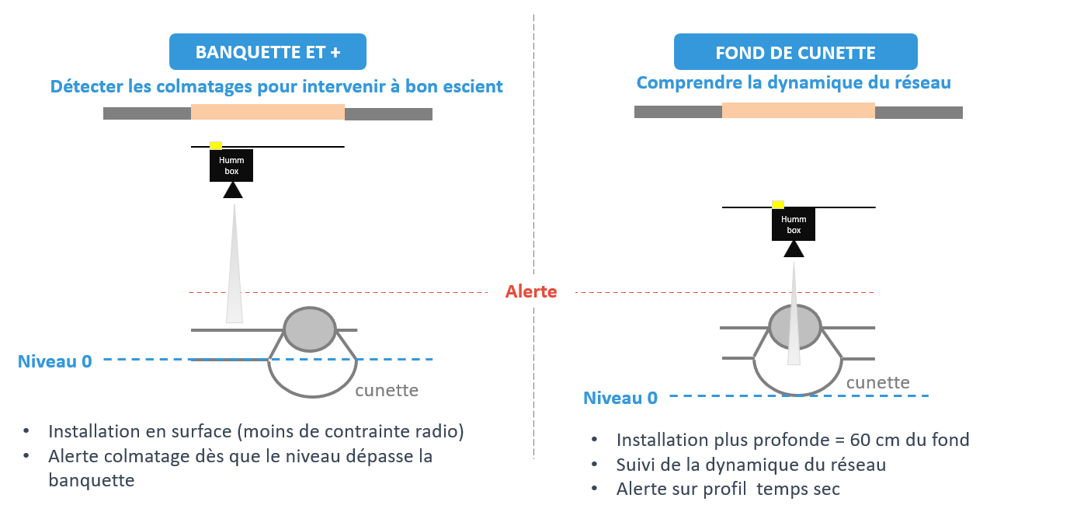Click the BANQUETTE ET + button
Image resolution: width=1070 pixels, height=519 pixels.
(x=267, y=53)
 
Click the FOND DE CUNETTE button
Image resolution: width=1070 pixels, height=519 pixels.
(x=795, y=53)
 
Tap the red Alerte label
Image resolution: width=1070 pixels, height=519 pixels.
(x=531, y=292)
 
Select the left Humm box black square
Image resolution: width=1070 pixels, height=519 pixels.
(x=231, y=165)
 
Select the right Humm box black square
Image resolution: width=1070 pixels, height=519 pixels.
(x=794, y=225)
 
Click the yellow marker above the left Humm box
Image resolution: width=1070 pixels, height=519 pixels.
(x=217, y=145)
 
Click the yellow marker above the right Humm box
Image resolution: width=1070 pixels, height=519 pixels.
(x=778, y=204)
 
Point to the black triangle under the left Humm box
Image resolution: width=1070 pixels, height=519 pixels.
(x=233, y=190)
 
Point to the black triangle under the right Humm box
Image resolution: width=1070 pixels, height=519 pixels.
(x=794, y=249)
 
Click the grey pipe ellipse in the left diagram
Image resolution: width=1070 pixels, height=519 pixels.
(x=309, y=329)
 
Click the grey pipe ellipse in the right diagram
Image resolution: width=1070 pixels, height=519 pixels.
(x=794, y=326)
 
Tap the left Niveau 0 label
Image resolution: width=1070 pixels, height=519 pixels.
(x=54, y=361)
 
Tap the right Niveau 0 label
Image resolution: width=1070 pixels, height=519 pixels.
(x=620, y=398)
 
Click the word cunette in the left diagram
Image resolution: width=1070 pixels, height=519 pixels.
(x=387, y=390)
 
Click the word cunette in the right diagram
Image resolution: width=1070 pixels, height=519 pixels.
(x=877, y=382)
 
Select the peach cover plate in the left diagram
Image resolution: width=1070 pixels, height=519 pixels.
(x=268, y=113)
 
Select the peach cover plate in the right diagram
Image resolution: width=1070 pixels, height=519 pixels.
(x=798, y=110)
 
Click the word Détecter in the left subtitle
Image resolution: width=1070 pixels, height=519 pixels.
(x=83, y=86)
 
